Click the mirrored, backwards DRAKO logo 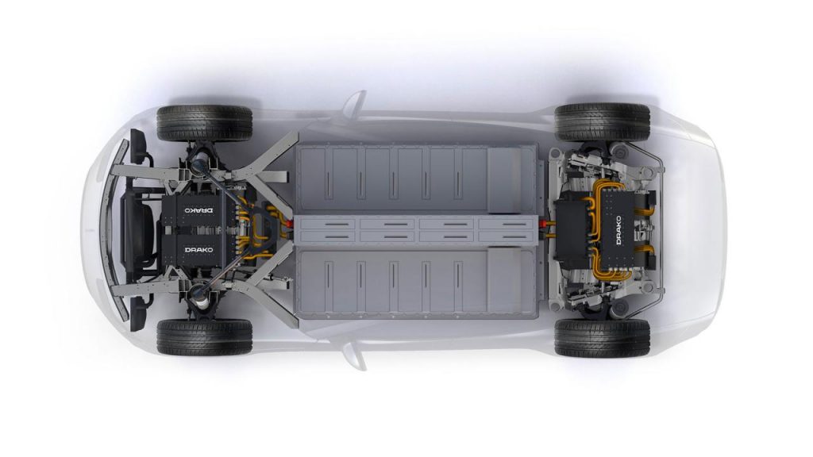point(199,211)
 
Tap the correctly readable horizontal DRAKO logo point(199,250)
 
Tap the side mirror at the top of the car point(355,102)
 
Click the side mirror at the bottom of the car point(355,357)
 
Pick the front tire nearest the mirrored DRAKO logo point(204,123)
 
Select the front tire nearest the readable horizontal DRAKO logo point(204,336)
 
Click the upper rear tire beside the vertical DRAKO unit point(602,122)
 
